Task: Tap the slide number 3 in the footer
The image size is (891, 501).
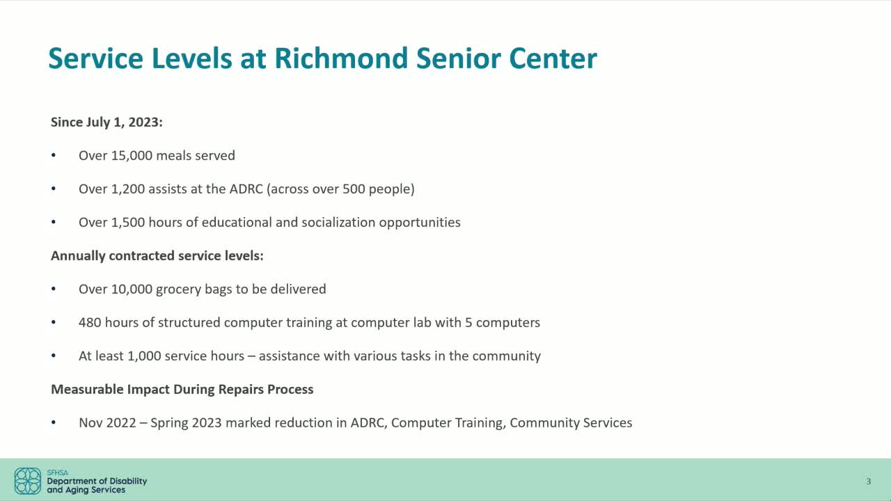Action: [868, 481]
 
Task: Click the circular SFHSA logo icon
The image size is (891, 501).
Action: [28, 481]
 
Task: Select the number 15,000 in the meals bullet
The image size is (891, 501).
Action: [132, 156]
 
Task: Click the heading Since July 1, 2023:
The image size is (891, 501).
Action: [107, 122]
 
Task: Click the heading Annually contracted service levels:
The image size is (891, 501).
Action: [157, 256]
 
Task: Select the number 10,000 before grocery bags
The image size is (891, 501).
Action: [132, 289]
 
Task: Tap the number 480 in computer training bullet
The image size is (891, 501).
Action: [90, 323]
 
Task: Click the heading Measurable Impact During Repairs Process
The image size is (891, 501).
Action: [182, 390]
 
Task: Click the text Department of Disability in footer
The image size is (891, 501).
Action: [97, 481]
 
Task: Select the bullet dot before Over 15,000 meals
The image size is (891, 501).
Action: [54, 156]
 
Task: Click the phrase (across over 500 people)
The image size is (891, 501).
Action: [340, 189]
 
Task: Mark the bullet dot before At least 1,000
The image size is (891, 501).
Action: [54, 356]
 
